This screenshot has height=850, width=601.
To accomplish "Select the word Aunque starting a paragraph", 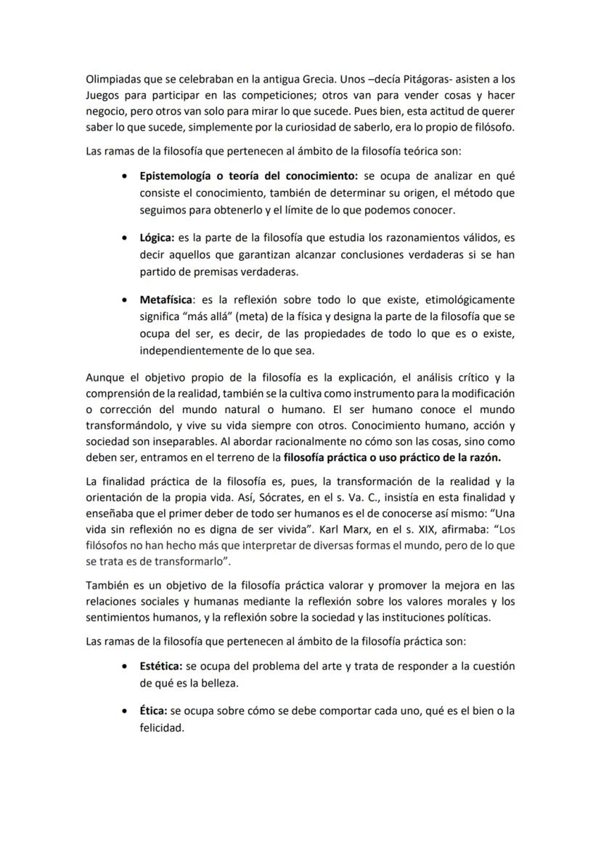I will pyautogui.click(x=105, y=377).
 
